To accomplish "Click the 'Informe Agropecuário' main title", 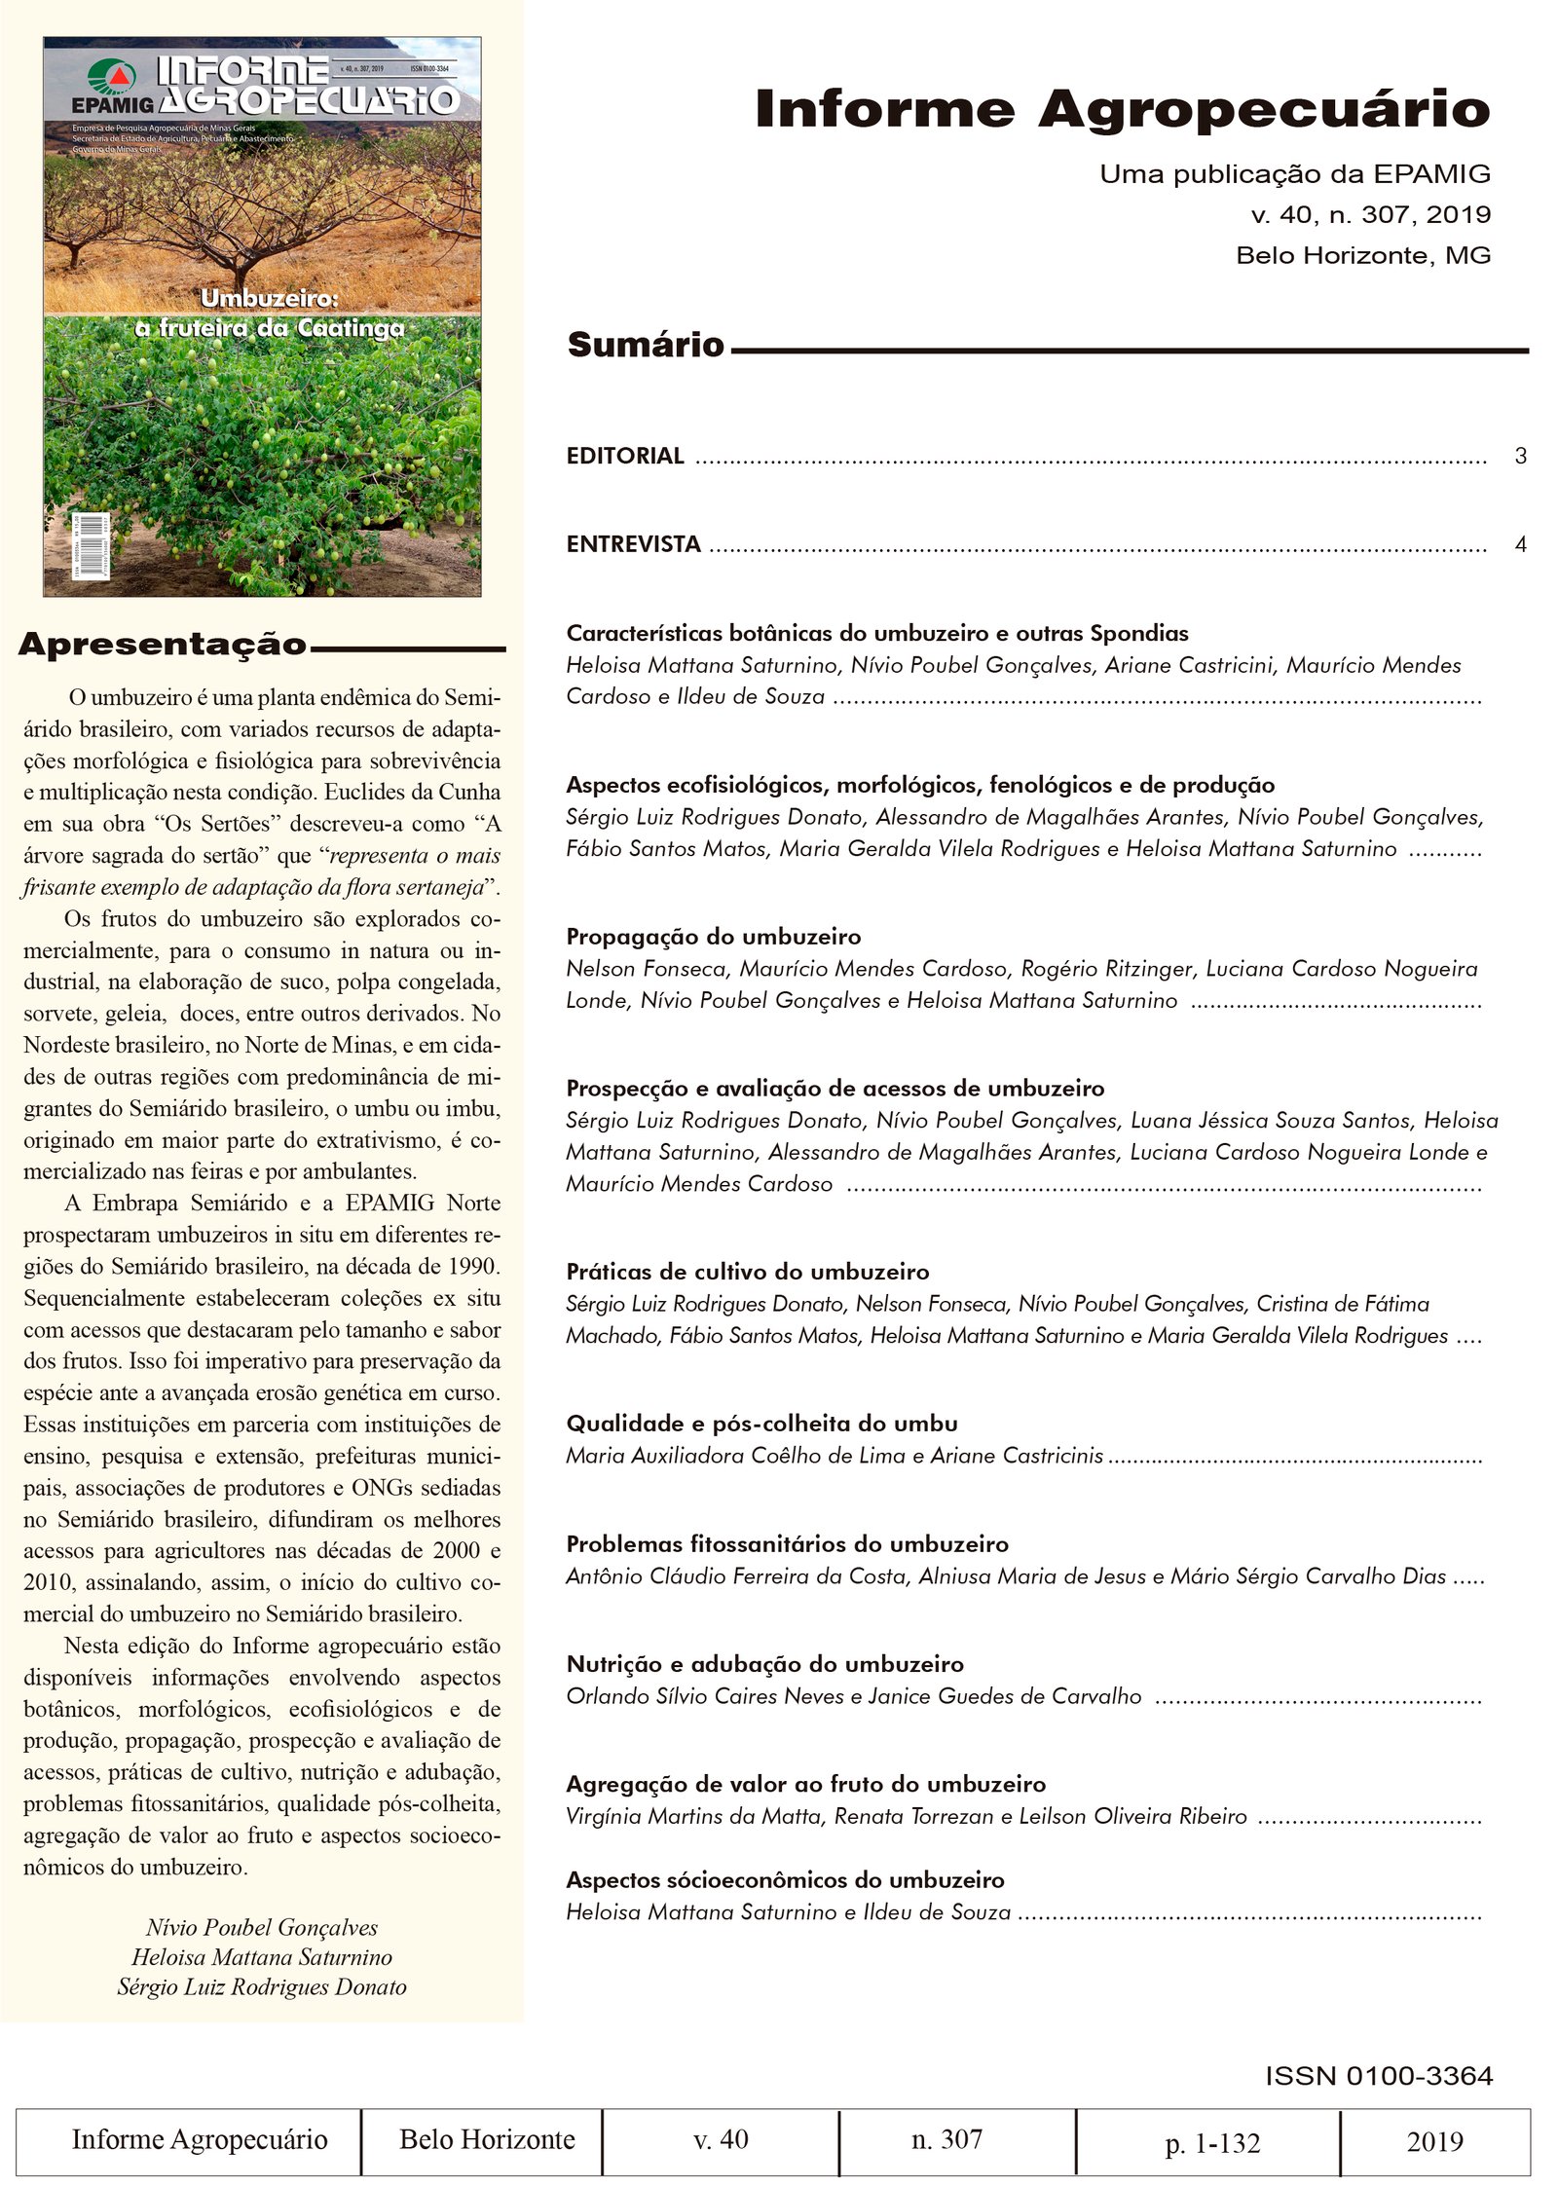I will point(1122,109).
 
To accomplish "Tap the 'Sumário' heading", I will point(646,345).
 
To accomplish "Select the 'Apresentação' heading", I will point(163,645).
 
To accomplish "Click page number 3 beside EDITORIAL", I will point(1520,456).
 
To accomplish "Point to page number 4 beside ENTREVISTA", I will point(1520,544).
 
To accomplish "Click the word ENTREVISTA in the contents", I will point(633,544).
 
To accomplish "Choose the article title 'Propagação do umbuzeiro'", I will point(714,937).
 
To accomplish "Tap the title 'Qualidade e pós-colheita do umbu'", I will point(761,1424).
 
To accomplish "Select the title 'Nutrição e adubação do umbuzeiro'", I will point(764,1664).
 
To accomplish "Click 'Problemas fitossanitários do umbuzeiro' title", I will point(787,1543).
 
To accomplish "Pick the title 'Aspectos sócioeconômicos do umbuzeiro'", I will point(785,1880).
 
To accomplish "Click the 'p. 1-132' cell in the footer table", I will point(1212,2143).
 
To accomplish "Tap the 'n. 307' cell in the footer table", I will point(946,2139).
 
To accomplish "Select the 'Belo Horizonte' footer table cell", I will point(487,2139).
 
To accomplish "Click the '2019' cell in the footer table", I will point(1434,2141).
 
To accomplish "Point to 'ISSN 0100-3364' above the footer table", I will point(1379,2076).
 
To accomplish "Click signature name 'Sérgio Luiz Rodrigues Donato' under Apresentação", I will point(262,1986).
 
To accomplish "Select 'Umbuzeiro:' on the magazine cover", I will point(270,298).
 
